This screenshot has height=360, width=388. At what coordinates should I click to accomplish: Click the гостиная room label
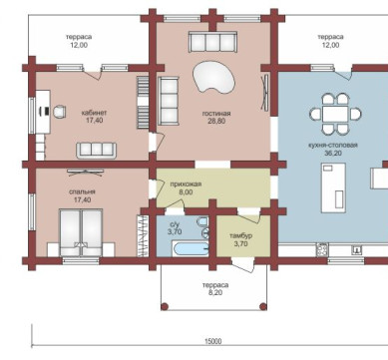click(x=216, y=114)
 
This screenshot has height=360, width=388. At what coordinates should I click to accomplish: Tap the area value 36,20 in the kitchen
click(x=333, y=154)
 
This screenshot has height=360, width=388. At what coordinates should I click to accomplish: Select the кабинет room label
click(x=95, y=113)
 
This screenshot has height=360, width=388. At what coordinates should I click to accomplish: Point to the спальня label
click(x=82, y=191)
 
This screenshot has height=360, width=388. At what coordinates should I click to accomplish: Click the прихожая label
click(x=186, y=184)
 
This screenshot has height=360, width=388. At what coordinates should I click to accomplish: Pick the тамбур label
click(x=240, y=236)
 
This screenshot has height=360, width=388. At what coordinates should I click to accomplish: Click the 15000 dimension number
click(x=212, y=341)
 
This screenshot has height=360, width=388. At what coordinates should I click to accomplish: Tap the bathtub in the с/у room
click(x=192, y=249)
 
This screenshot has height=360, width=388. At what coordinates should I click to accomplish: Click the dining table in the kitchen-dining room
click(x=335, y=114)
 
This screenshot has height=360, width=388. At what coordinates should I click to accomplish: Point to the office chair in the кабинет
click(x=59, y=111)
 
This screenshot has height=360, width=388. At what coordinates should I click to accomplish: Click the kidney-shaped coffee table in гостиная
click(x=213, y=77)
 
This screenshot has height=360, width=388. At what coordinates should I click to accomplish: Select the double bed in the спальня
click(x=81, y=232)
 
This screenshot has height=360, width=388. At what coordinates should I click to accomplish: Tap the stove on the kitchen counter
click(x=322, y=249)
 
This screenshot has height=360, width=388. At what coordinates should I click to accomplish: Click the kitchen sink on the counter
click(x=357, y=249)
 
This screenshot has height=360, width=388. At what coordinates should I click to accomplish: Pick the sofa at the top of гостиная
click(x=212, y=42)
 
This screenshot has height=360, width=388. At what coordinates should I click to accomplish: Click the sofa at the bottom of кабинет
click(x=97, y=151)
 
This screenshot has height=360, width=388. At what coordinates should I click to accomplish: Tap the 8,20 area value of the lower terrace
click(x=215, y=293)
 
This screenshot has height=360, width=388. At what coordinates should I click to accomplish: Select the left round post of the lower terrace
click(x=164, y=306)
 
